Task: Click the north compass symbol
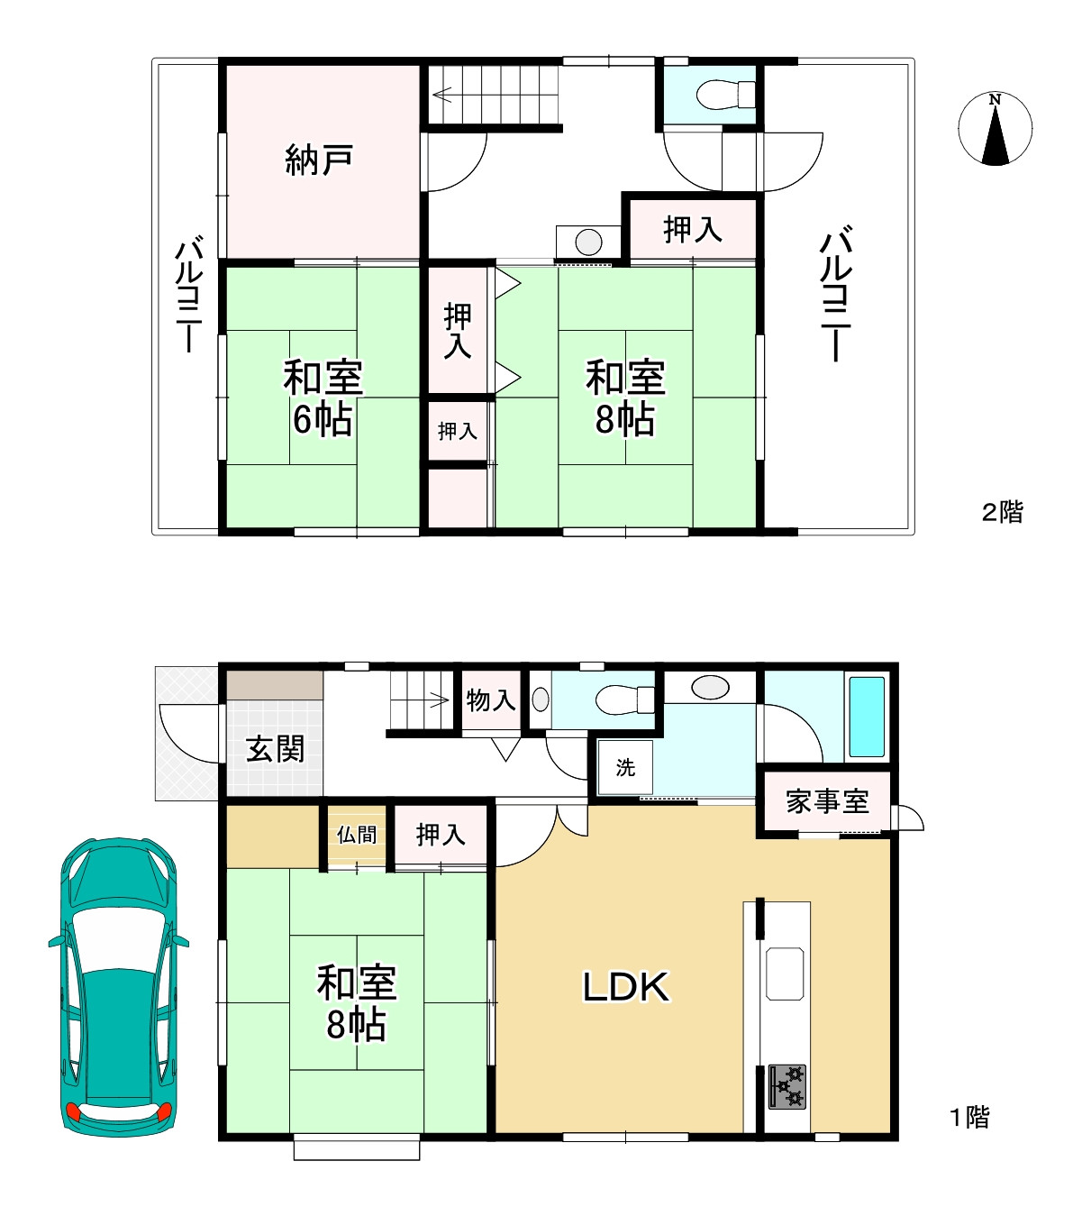(995, 129)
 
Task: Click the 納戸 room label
(319, 160)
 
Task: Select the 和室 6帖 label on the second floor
(323, 398)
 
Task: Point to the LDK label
(625, 988)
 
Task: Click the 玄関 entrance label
(275, 748)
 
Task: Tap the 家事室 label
(827, 801)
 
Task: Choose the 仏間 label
(357, 835)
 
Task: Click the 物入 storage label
(491, 699)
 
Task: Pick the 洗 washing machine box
(625, 768)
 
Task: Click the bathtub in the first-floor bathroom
(867, 717)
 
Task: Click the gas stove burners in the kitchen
(786, 1086)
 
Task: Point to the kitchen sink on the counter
(785, 974)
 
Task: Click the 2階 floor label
(1002, 512)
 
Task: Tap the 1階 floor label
(969, 1118)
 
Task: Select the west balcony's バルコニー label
(188, 295)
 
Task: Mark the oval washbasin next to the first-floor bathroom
(710, 688)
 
